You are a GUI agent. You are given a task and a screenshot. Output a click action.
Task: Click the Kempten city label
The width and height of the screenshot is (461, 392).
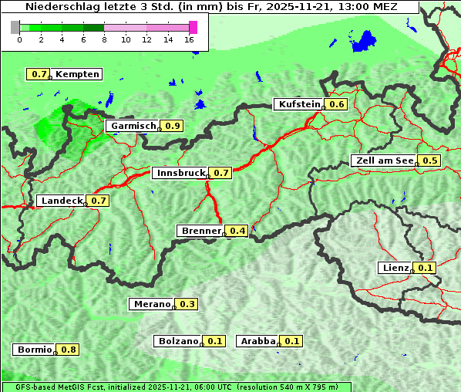77,74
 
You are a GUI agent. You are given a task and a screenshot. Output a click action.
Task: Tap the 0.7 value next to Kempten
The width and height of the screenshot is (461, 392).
38,74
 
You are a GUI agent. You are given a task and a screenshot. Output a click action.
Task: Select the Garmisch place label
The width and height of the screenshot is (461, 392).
133,126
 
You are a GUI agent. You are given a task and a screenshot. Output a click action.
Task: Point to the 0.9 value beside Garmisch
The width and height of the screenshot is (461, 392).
173,126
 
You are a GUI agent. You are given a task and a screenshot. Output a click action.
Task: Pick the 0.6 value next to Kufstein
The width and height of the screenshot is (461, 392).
337,104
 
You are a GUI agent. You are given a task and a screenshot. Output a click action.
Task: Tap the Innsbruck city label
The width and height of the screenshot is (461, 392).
180,173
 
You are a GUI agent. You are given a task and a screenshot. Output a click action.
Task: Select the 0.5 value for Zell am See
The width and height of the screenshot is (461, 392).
429,161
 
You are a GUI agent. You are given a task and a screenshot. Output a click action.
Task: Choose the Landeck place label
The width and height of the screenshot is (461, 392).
62,201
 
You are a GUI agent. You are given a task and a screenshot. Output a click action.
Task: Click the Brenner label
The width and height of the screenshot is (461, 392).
200,231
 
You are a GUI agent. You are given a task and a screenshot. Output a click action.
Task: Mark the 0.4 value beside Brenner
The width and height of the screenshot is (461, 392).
237,231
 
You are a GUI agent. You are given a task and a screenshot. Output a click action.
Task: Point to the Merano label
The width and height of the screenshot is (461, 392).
151,304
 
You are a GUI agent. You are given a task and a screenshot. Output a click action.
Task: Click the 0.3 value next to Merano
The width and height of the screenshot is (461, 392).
187,304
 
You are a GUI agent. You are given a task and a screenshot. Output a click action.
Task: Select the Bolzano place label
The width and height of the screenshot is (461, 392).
179,341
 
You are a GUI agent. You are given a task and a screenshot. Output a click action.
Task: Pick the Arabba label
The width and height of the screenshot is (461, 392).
257,341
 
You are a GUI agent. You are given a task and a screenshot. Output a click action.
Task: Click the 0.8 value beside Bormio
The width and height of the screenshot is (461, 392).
69,350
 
